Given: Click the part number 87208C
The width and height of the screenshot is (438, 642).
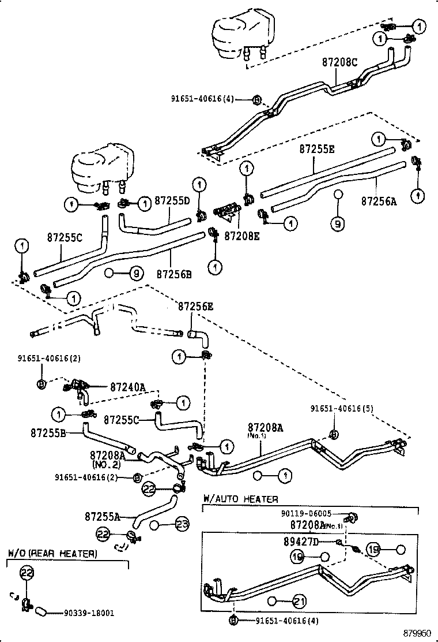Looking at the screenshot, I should [340, 62].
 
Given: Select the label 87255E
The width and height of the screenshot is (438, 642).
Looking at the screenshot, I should [316, 148].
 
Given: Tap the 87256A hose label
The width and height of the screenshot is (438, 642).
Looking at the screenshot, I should [379, 201].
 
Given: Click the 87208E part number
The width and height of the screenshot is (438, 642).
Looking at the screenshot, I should [241, 236].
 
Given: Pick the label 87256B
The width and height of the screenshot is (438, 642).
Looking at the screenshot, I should [173, 274].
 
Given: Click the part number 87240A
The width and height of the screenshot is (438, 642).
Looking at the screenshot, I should [127, 387].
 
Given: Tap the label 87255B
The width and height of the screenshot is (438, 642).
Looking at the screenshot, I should [48, 431].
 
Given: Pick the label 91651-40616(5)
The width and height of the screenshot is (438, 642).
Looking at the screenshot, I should [342, 408].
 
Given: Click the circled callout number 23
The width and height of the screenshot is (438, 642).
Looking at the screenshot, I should [182, 525].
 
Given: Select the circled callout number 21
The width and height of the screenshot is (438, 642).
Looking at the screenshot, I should [299, 602].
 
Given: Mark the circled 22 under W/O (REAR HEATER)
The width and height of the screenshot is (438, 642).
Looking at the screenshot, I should [28, 573].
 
